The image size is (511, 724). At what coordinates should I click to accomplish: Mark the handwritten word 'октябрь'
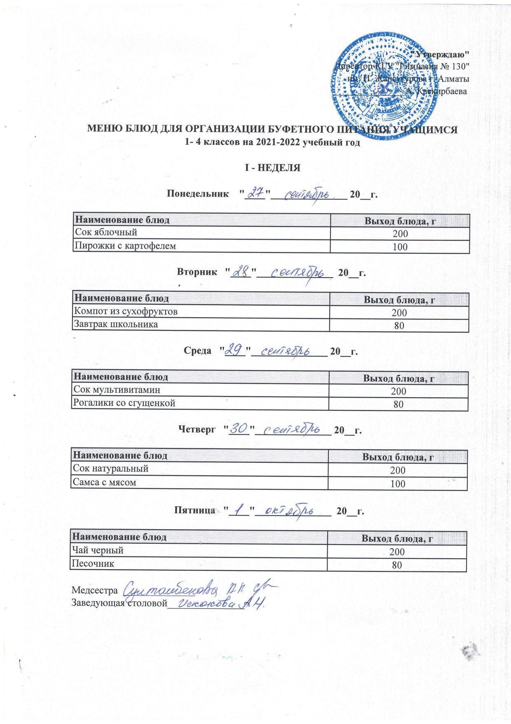[291, 511]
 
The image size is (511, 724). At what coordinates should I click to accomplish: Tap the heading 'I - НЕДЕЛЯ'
[272, 168]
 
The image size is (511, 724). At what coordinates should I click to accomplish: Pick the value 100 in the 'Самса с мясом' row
[398, 483]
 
